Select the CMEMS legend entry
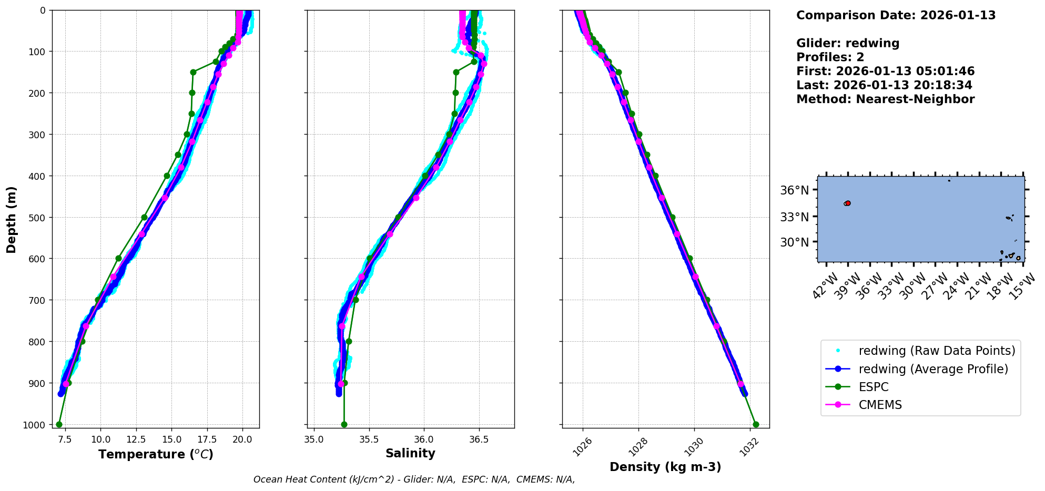point(880,405)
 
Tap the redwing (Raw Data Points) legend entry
point(936,351)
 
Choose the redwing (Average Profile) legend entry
point(933,369)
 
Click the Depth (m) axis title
point(11,219)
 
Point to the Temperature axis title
point(156,454)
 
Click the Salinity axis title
point(410,454)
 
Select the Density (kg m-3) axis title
point(665,467)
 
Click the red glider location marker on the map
point(848,203)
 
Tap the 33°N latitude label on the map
point(794,217)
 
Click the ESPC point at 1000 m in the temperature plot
point(59,424)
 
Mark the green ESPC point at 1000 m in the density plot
point(756,424)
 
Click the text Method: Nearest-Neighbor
point(885,99)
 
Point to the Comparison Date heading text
point(896,15)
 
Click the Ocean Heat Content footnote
point(414,479)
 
